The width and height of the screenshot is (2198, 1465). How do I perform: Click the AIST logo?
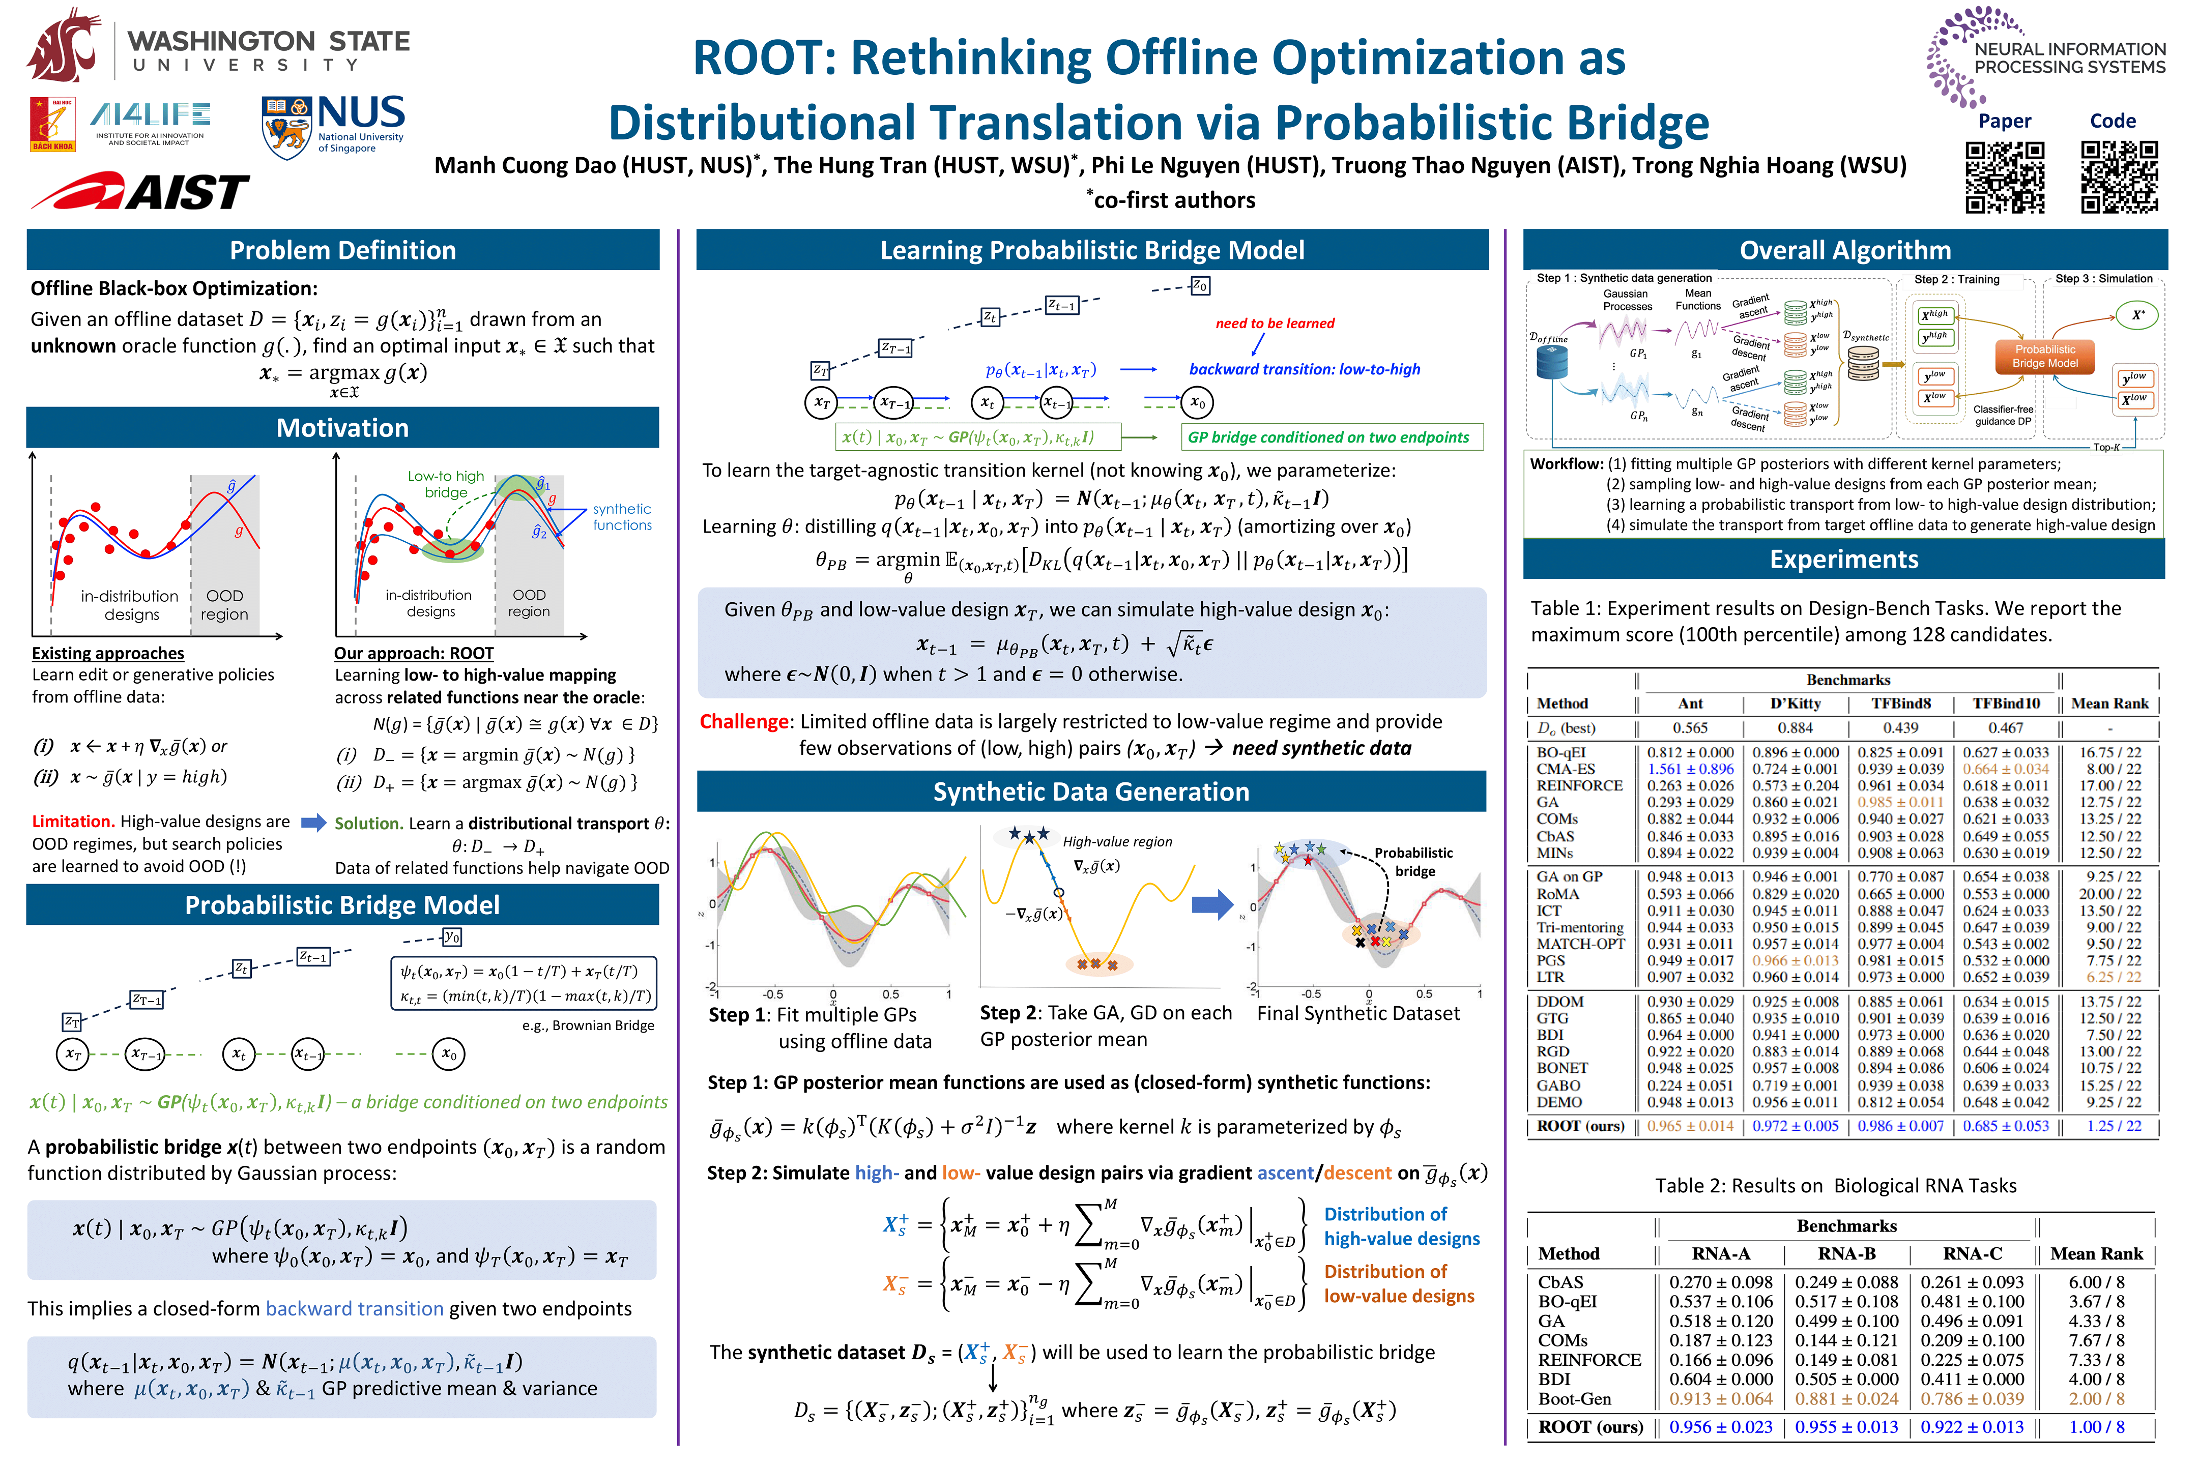point(140,192)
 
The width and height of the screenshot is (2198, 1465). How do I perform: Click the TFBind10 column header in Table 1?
point(2006,704)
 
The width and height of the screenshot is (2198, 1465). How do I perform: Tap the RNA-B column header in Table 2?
point(1846,1254)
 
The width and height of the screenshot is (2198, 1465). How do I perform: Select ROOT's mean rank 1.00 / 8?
point(2096,1427)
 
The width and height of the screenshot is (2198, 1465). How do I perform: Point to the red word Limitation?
point(73,821)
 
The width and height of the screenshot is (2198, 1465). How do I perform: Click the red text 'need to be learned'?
point(1275,324)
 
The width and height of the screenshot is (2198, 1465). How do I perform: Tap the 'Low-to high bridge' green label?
point(446,484)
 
